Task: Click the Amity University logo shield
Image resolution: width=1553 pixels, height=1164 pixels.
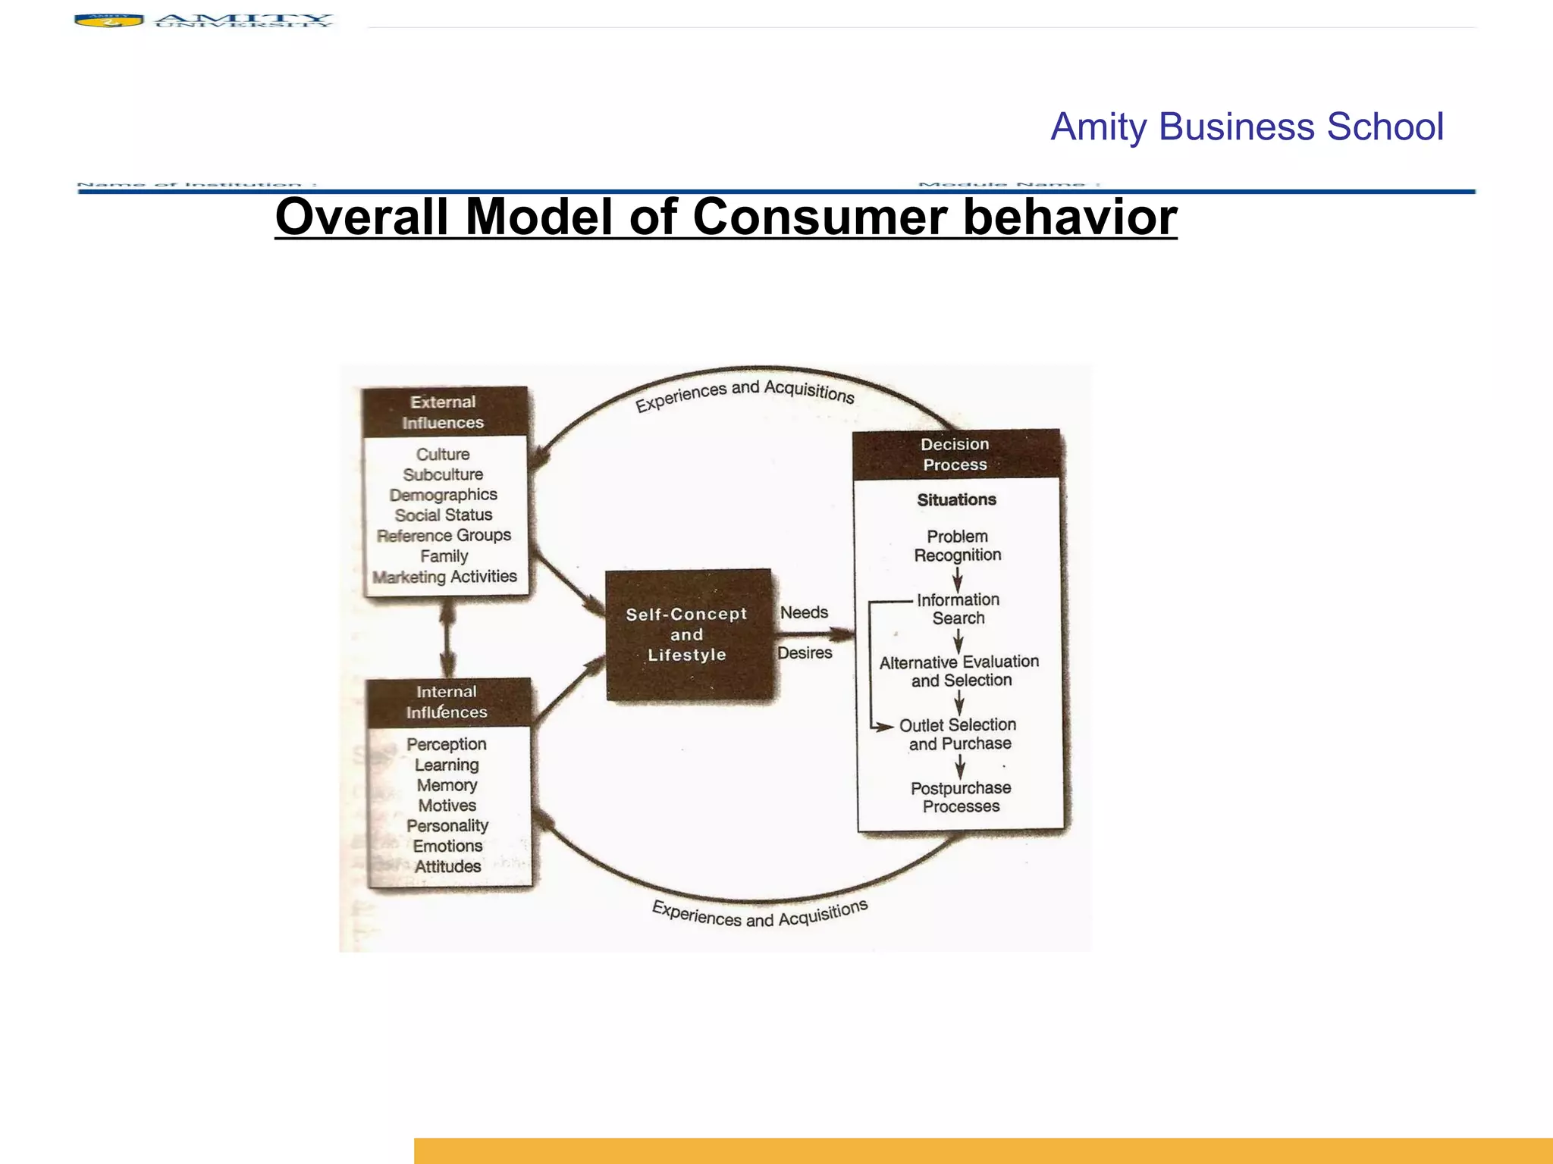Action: pyautogui.click(x=109, y=20)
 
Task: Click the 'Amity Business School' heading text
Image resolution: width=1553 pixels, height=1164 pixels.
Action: pyautogui.click(x=1246, y=127)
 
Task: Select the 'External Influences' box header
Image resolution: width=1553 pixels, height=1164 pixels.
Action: pyautogui.click(x=444, y=412)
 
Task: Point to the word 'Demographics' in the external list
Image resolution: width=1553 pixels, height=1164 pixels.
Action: pyautogui.click(x=444, y=495)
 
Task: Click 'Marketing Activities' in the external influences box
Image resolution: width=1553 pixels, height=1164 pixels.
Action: pyautogui.click(x=445, y=577)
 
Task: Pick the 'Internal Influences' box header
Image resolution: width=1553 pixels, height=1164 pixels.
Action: pyautogui.click(x=447, y=702)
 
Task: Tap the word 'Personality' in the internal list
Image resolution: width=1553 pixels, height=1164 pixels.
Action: pyautogui.click(x=447, y=825)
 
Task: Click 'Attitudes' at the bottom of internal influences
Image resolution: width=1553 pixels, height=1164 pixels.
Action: pyautogui.click(x=447, y=866)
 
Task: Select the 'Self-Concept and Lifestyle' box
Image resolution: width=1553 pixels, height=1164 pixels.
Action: pyautogui.click(x=687, y=635)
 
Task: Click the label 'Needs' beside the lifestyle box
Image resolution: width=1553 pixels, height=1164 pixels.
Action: pyautogui.click(x=804, y=612)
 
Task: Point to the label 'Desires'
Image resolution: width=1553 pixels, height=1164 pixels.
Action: pyautogui.click(x=805, y=652)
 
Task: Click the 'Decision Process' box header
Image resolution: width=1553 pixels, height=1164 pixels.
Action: pyautogui.click(x=955, y=455)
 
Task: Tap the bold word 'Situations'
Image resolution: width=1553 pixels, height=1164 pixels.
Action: pyautogui.click(x=956, y=500)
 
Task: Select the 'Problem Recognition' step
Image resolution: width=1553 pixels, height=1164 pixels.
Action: pyautogui.click(x=958, y=546)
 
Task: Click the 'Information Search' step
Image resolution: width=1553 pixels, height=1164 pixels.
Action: pyautogui.click(x=958, y=609)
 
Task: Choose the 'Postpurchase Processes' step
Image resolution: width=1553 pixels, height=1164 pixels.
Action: pyautogui.click(x=961, y=797)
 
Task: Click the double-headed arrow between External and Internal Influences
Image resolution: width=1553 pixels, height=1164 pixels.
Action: pyautogui.click(x=447, y=638)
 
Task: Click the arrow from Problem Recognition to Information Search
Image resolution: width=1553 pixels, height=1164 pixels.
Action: pyautogui.click(x=958, y=579)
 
